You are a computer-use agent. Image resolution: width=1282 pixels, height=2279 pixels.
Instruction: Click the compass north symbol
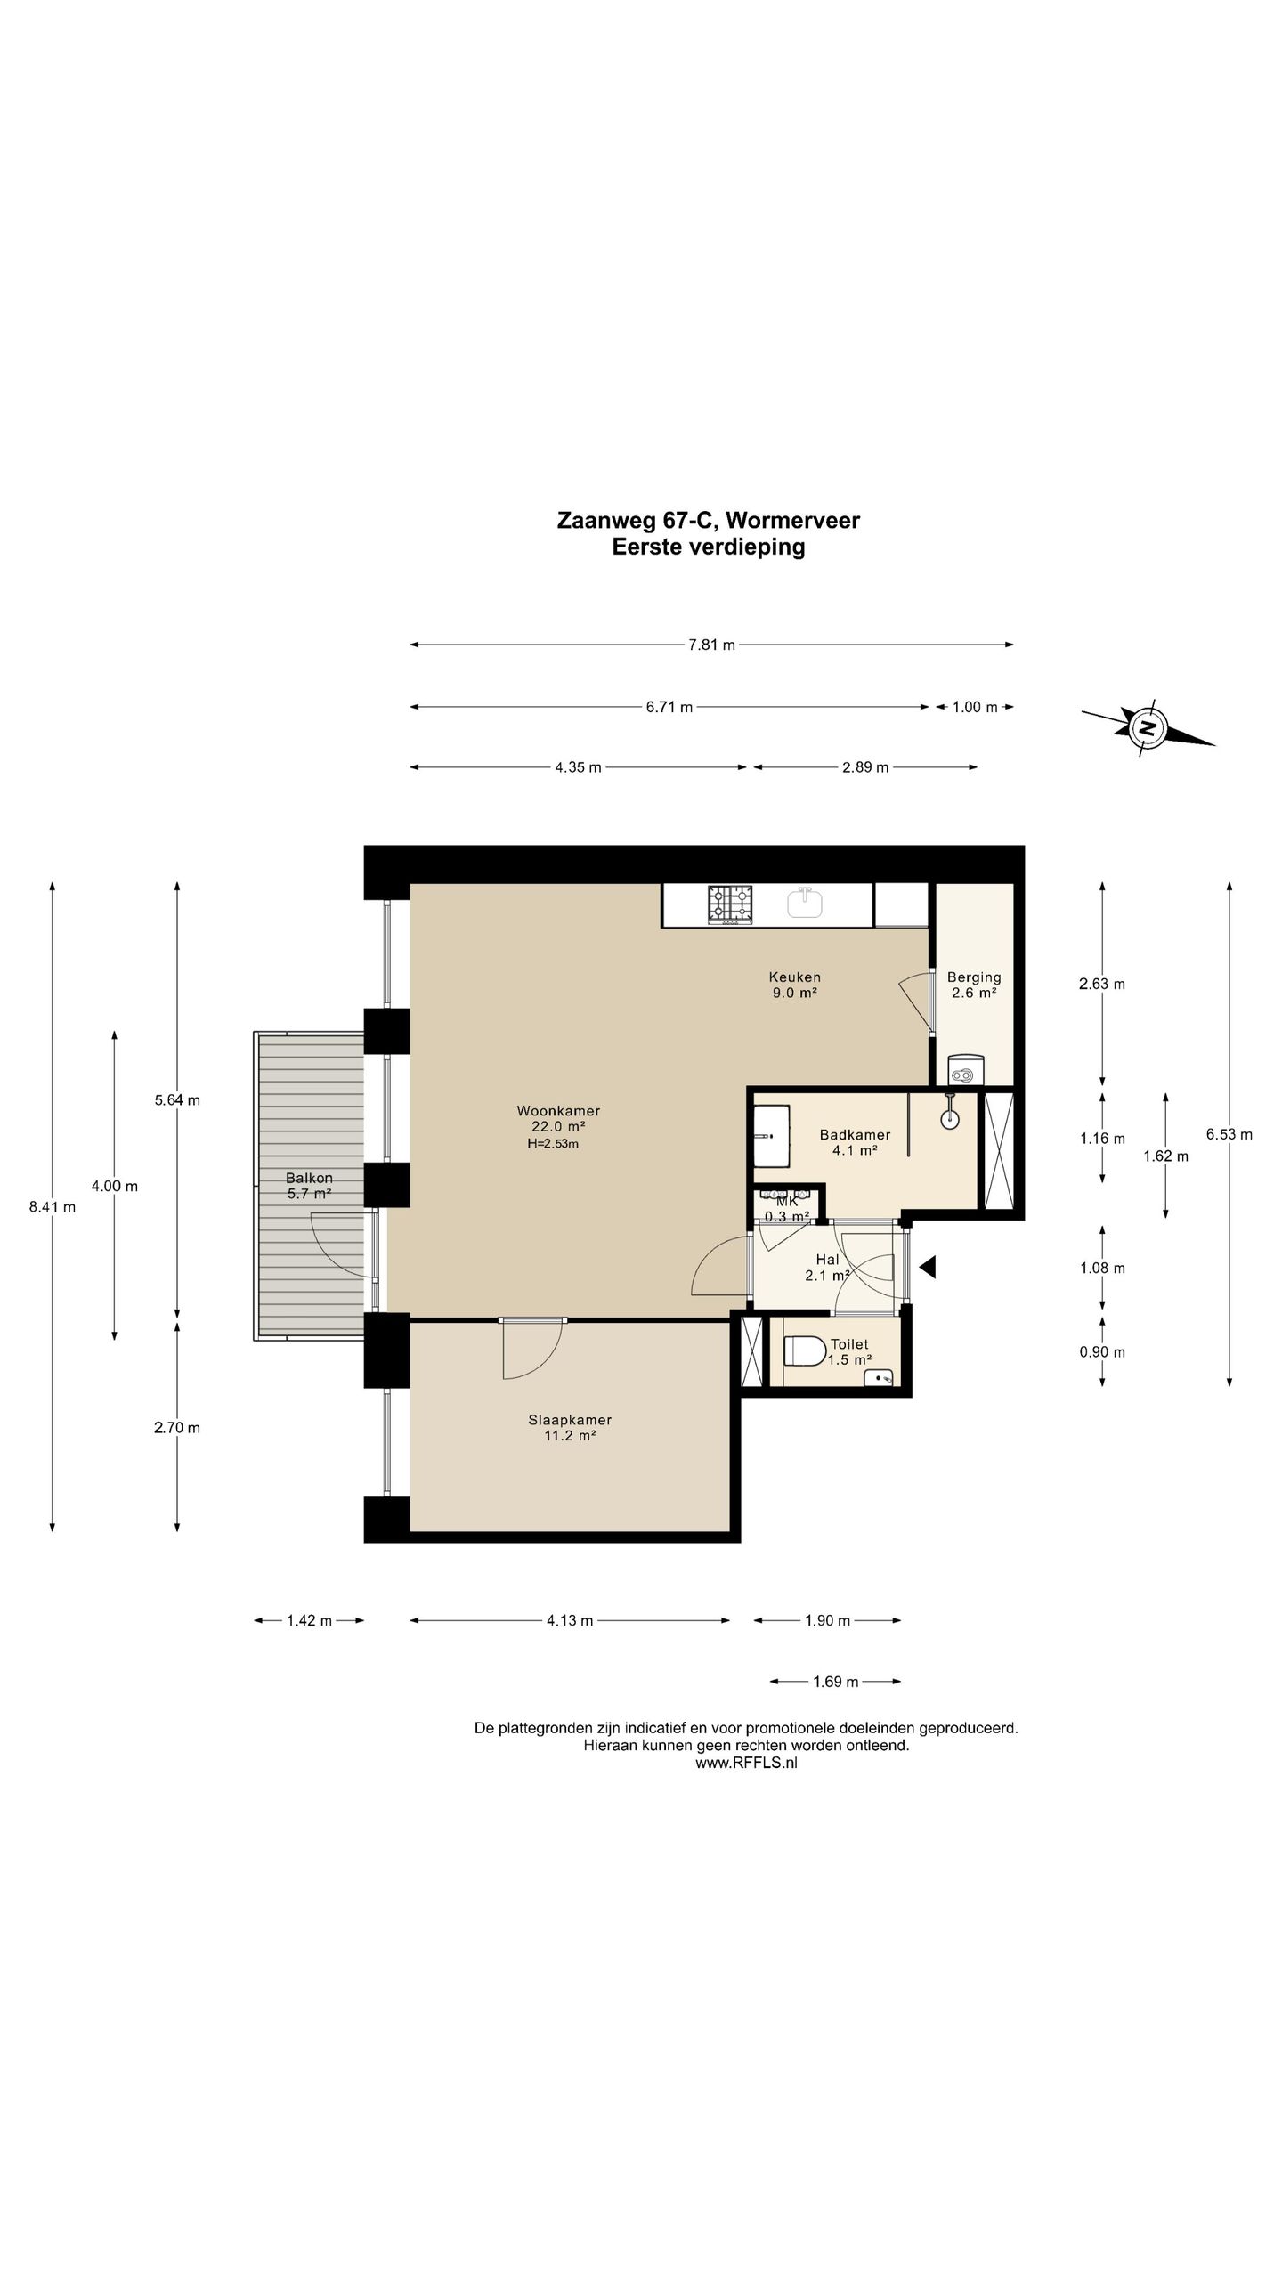pos(1148,726)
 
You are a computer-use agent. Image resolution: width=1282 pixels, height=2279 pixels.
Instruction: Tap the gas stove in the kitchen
pos(730,904)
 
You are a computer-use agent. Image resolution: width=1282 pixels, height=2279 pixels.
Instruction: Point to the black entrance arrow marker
pos(928,1267)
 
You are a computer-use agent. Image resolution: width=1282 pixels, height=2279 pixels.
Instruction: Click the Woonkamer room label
pos(558,1111)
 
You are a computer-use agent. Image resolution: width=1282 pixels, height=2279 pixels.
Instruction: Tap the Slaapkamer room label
pos(570,1420)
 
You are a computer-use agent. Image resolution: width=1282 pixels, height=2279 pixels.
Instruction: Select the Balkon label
pos(309,1178)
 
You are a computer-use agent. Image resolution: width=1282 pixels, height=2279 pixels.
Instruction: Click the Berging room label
pos(974,977)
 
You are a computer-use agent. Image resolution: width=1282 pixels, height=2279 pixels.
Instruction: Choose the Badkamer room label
pos(855,1134)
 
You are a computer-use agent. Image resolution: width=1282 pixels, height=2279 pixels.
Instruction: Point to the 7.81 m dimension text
pos(711,645)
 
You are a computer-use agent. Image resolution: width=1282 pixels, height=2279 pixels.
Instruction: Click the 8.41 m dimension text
pos(53,1207)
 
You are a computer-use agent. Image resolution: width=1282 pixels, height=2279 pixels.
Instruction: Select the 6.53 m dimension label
pos(1229,1134)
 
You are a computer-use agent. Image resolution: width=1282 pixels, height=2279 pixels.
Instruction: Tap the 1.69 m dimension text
pos(835,1682)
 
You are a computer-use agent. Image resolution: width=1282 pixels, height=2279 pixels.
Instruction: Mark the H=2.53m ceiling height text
pos(553,1144)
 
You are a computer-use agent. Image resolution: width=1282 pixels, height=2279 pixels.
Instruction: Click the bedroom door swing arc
pos(536,1358)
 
